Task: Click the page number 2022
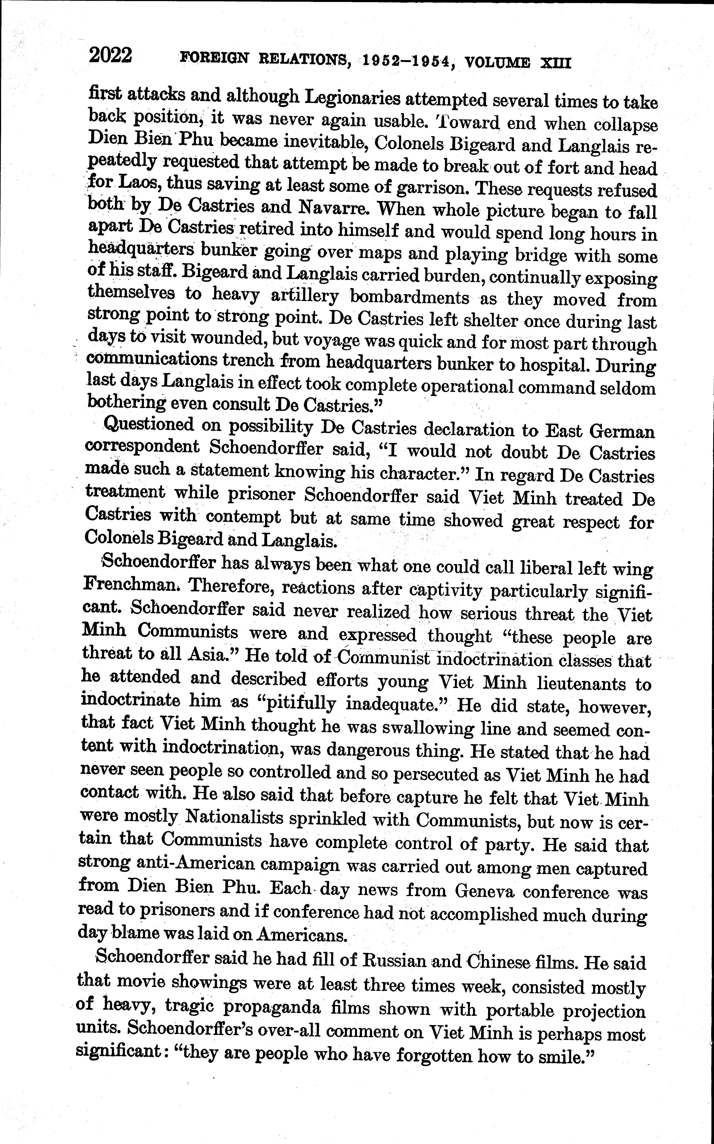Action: pyautogui.click(x=110, y=56)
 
